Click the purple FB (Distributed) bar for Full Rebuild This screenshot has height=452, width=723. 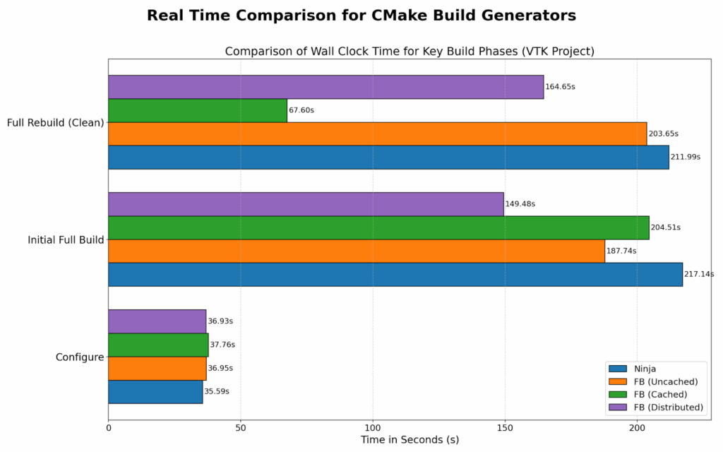[325, 87]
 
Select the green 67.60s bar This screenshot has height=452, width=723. [198, 110]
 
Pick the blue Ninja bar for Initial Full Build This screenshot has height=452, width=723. [395, 274]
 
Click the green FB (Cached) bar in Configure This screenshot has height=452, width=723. [158, 345]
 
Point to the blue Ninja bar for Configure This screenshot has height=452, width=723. [155, 391]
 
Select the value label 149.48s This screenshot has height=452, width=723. [520, 204]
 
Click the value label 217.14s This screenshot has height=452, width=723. [699, 274]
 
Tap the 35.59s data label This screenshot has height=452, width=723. [217, 391]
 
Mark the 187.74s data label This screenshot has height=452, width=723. [621, 251]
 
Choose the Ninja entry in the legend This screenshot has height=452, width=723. [642, 369]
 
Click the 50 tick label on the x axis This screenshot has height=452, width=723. [241, 427]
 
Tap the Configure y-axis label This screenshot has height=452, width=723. [80, 357]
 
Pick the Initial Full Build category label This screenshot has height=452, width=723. [66, 240]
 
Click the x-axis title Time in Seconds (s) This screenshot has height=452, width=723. [410, 440]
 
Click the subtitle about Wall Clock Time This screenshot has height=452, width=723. [410, 52]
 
